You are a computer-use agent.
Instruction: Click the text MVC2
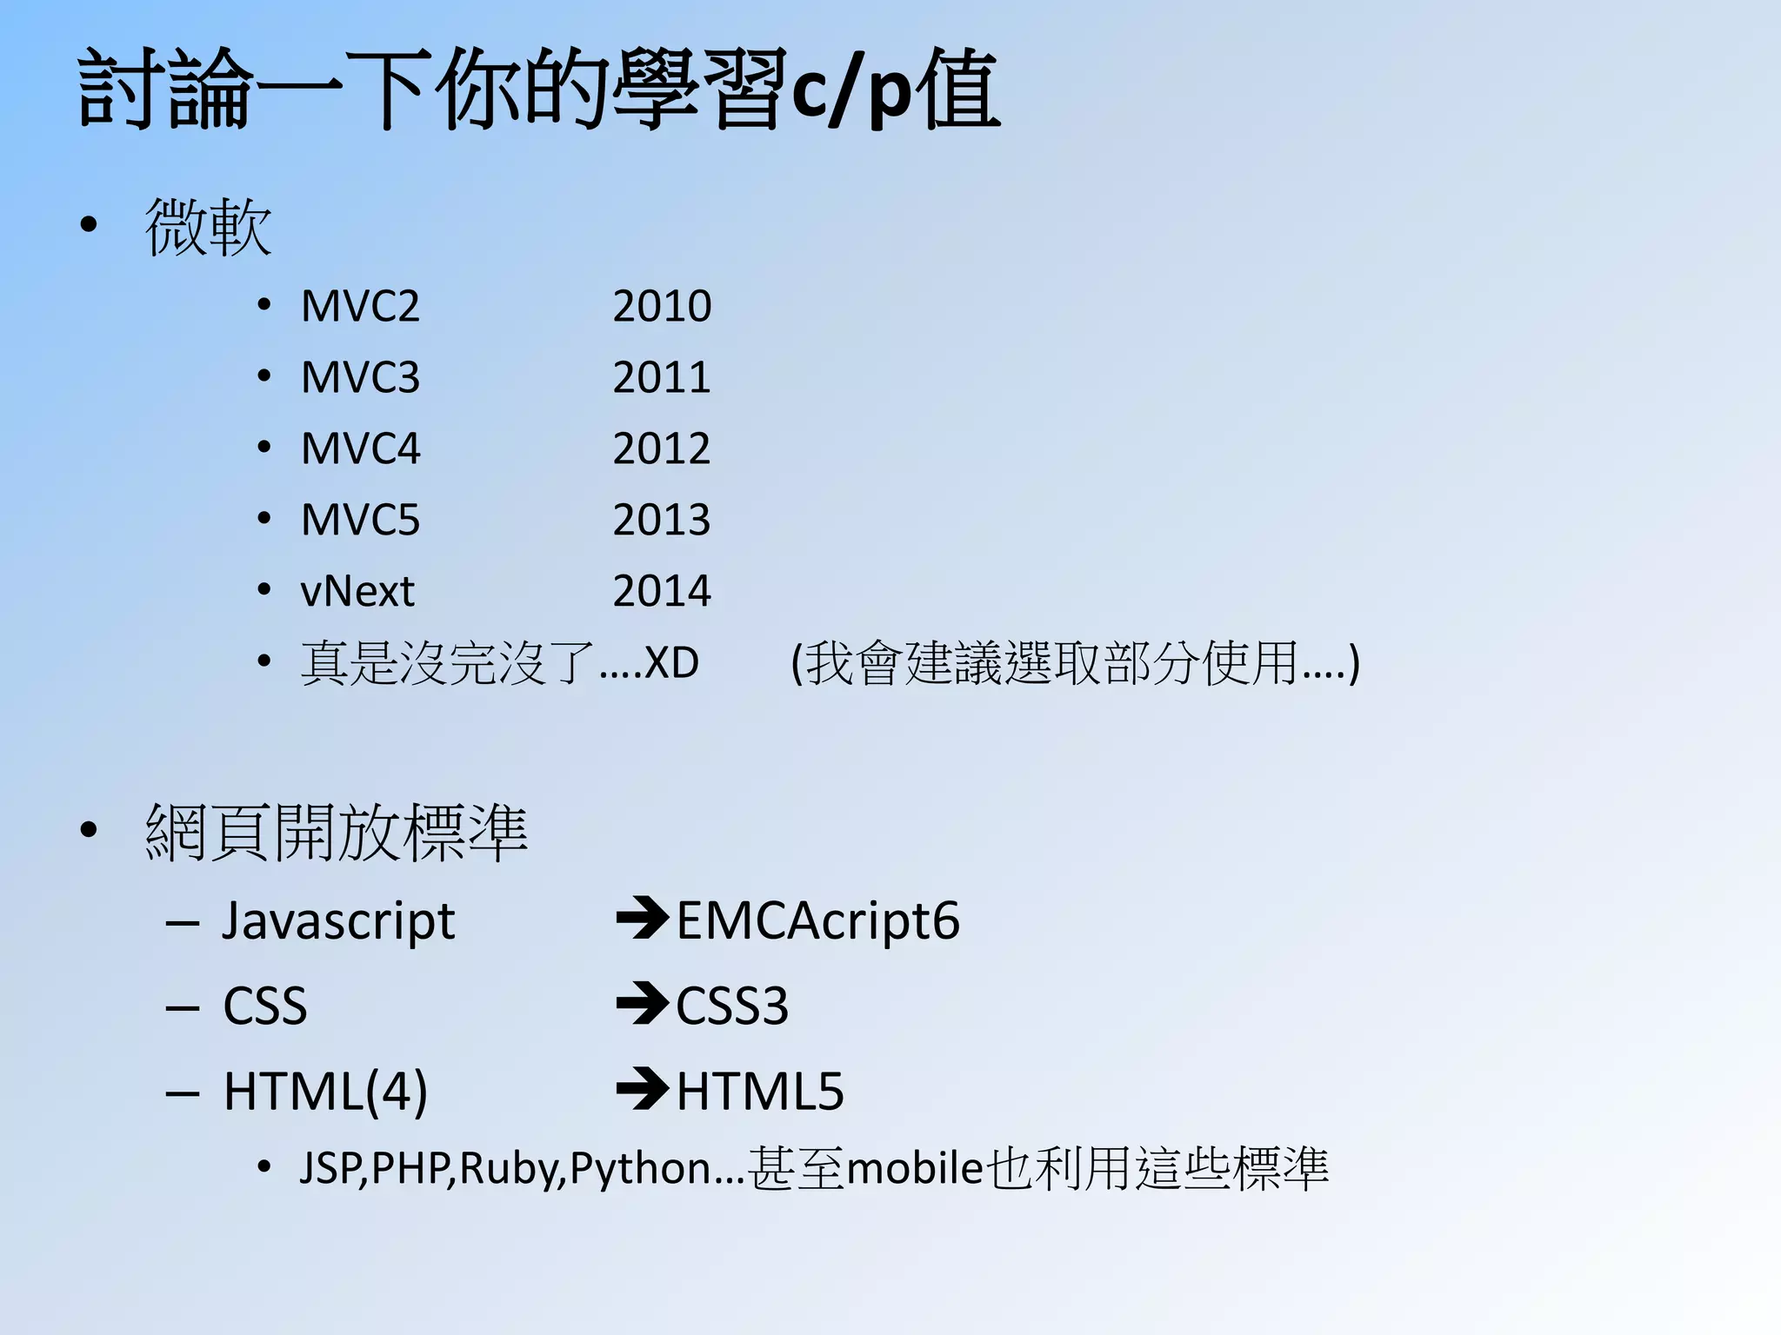click(x=360, y=306)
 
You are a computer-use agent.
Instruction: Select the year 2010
click(x=662, y=306)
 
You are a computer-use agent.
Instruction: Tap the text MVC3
click(x=360, y=377)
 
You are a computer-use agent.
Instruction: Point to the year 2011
click(x=662, y=377)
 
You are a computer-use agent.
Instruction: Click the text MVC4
click(x=360, y=448)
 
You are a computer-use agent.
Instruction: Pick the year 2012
click(x=662, y=448)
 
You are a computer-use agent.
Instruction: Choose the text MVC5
click(x=360, y=520)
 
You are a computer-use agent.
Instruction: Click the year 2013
click(x=662, y=520)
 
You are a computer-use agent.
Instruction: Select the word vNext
click(x=357, y=591)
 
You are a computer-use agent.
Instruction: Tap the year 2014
click(x=662, y=591)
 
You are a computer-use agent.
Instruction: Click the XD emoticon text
click(x=671, y=662)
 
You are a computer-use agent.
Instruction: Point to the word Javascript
click(x=337, y=921)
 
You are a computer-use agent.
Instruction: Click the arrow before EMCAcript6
click(x=642, y=920)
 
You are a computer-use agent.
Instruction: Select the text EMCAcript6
click(x=817, y=921)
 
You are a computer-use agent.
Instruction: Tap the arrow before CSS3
click(x=642, y=1004)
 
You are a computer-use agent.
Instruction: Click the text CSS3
click(x=732, y=1006)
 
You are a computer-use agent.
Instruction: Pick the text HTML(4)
click(x=325, y=1092)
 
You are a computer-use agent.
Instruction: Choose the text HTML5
click(x=760, y=1092)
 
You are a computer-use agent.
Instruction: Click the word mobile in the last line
click(x=914, y=1168)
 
